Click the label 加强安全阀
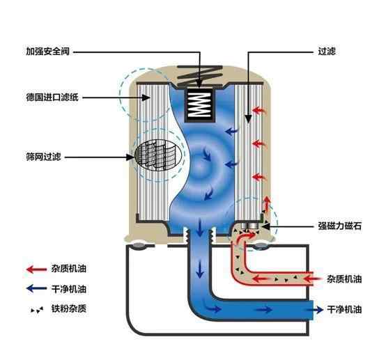(48, 52)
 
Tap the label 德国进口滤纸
(52, 97)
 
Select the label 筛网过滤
(43, 157)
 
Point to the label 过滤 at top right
(327, 52)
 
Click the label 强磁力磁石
(340, 226)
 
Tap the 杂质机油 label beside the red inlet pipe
(344, 279)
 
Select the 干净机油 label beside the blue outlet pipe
(344, 309)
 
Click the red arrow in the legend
(36, 269)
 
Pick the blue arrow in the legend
(36, 288)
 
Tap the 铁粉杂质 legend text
(69, 308)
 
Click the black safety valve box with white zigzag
(199, 105)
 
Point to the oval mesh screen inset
(158, 155)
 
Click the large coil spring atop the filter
(200, 76)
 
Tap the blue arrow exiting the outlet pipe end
(317, 310)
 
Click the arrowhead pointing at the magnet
(266, 226)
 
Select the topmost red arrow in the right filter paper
(258, 110)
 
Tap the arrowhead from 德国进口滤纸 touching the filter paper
(147, 97)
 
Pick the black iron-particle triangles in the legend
(37, 310)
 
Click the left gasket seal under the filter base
(139, 245)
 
